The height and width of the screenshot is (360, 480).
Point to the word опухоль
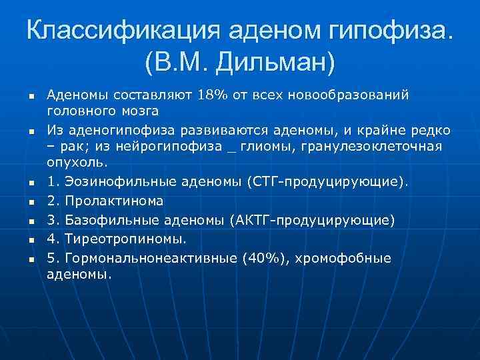coord(77,163)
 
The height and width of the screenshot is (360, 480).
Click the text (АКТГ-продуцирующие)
coord(312,220)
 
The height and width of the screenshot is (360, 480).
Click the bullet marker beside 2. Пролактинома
coord(31,201)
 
